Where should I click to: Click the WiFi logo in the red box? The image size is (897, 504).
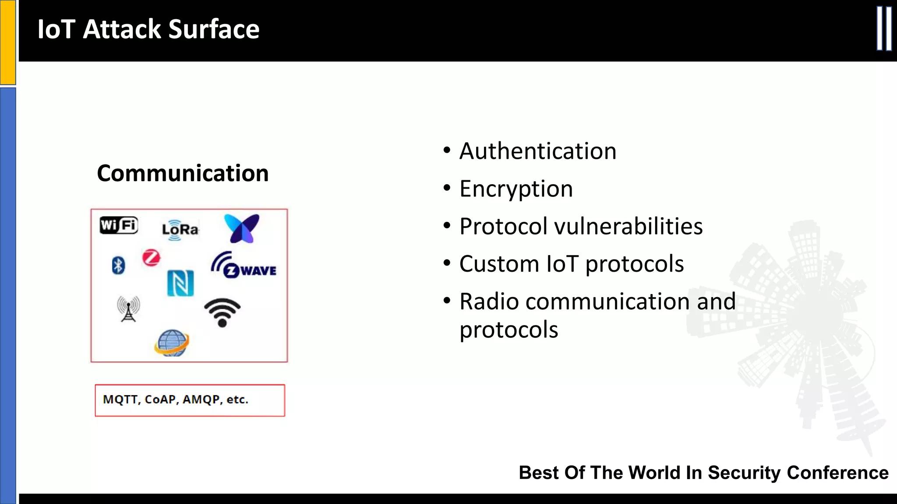point(119,225)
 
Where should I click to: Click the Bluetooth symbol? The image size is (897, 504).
point(118,265)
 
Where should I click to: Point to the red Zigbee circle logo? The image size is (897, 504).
point(151,258)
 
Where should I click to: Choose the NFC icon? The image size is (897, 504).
point(180,283)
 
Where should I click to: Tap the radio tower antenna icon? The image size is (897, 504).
point(128,308)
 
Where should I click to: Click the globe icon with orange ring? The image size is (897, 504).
point(172,343)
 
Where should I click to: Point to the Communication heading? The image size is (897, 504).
point(183,173)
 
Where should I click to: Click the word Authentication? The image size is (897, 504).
point(537,151)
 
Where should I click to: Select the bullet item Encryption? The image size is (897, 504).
point(516,189)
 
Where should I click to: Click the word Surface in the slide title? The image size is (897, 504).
point(214,29)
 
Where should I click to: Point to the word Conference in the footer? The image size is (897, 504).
point(837,473)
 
